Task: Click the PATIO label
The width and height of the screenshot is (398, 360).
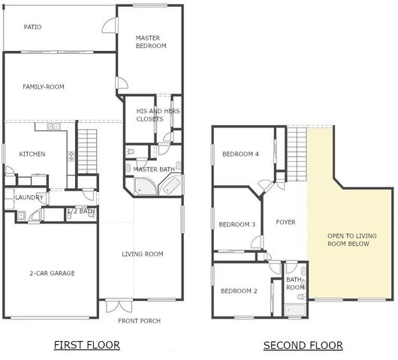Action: (32, 27)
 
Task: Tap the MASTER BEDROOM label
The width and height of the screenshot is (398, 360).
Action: (151, 42)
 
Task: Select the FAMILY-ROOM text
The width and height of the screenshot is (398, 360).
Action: (44, 87)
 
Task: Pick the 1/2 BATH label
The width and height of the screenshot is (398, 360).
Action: (81, 212)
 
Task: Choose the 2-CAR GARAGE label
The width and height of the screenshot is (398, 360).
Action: (52, 274)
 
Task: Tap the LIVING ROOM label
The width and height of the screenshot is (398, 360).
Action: (143, 254)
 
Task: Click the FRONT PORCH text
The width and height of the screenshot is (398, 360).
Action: (140, 321)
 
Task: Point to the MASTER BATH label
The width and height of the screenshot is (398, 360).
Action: (154, 169)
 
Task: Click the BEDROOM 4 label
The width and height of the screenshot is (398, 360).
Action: (240, 154)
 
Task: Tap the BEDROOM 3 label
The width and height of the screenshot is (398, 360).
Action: (237, 224)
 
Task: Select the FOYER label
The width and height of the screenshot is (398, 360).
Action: (285, 222)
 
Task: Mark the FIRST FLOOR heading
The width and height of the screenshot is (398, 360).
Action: (87, 346)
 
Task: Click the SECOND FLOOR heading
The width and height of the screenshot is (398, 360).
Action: (303, 346)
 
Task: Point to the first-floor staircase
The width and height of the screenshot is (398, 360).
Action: (89, 142)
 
